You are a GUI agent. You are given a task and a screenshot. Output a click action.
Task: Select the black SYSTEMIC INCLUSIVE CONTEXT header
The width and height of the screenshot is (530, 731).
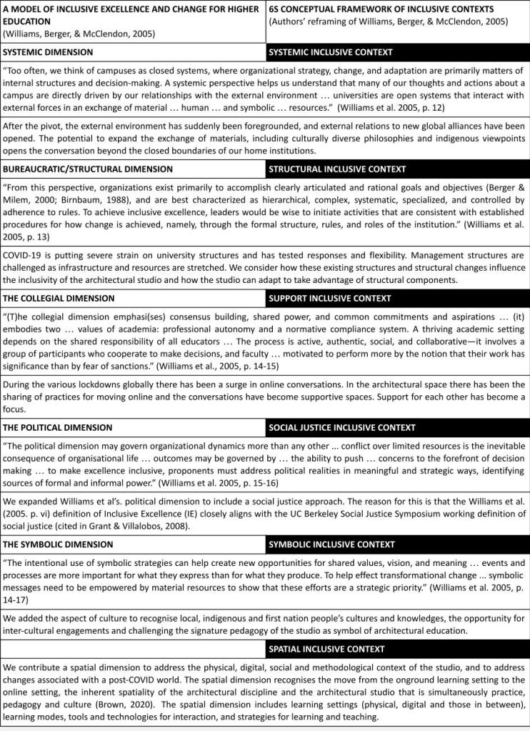coord(330,53)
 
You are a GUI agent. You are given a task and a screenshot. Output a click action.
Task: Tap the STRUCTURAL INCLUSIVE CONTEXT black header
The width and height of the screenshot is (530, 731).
coord(337,169)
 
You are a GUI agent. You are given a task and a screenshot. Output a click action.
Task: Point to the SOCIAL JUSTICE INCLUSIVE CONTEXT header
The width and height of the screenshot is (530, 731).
coord(342,427)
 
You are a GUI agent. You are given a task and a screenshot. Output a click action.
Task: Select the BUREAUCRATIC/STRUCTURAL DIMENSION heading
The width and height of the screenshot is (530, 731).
coord(88,169)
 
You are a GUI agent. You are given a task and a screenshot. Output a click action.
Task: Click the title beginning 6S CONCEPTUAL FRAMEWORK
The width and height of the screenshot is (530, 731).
coord(381,9)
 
